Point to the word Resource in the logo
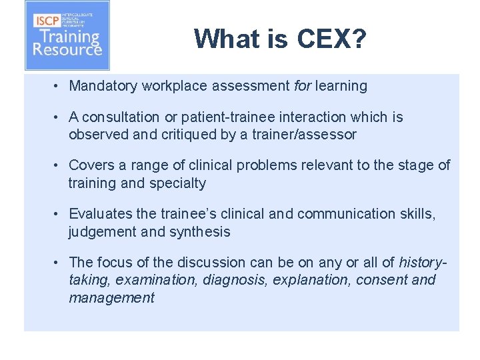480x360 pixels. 67,49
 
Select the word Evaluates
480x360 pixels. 99,214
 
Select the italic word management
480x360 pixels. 111,298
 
